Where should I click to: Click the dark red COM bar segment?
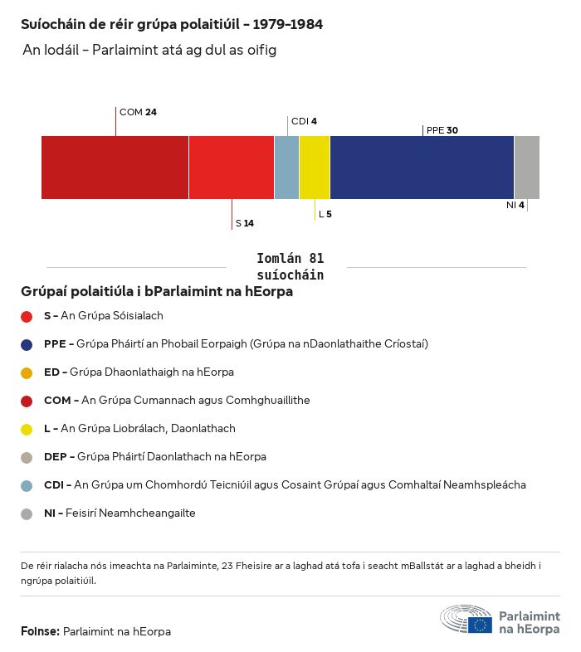pyautogui.click(x=115, y=168)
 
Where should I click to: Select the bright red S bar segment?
pyautogui.click(x=232, y=168)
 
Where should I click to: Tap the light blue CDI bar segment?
pyautogui.click(x=286, y=168)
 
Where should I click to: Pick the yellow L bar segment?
pyautogui.click(x=315, y=168)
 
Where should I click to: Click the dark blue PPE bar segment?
pyautogui.click(x=422, y=168)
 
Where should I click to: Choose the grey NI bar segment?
pyautogui.click(x=526, y=168)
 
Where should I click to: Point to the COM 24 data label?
pyautogui.click(x=138, y=112)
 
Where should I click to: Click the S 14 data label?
pyautogui.click(x=244, y=223)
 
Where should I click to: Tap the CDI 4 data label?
pyautogui.click(x=304, y=121)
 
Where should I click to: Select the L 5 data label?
pyautogui.click(x=325, y=214)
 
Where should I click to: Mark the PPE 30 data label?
pyautogui.click(x=442, y=130)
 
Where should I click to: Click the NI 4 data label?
pyautogui.click(x=515, y=205)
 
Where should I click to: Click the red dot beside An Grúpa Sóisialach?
pyautogui.click(x=27, y=316)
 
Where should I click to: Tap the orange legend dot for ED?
pyautogui.click(x=27, y=372)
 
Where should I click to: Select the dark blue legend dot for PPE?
pyautogui.click(x=27, y=344)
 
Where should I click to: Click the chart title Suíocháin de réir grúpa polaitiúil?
pyautogui.click(x=172, y=25)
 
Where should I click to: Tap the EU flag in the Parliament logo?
pyautogui.click(x=480, y=625)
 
